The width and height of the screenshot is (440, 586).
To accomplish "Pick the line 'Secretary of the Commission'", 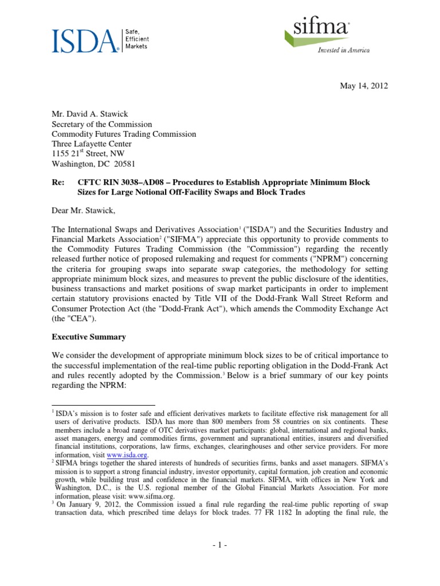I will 102,124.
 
